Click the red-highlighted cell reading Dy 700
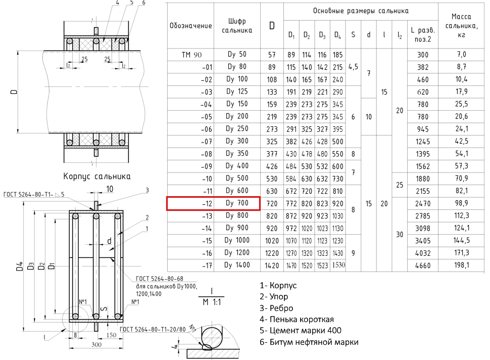click(213, 203)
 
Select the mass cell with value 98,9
click(461, 203)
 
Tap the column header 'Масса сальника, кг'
click(461, 25)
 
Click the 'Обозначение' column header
click(190, 26)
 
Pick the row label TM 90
click(191, 55)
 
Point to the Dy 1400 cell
click(237, 265)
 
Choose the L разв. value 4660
click(422, 265)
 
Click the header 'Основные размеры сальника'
click(361, 11)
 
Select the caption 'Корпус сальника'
click(97, 176)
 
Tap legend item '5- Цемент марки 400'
click(300, 330)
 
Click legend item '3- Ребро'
click(276, 308)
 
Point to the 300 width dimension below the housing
click(96, 344)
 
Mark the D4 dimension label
click(20, 266)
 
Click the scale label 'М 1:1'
click(212, 302)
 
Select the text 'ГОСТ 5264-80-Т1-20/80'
click(153, 329)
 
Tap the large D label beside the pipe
click(14, 92)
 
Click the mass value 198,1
click(462, 265)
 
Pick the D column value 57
click(272, 55)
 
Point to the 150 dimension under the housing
click(111, 335)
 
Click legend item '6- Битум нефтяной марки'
click(309, 342)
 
